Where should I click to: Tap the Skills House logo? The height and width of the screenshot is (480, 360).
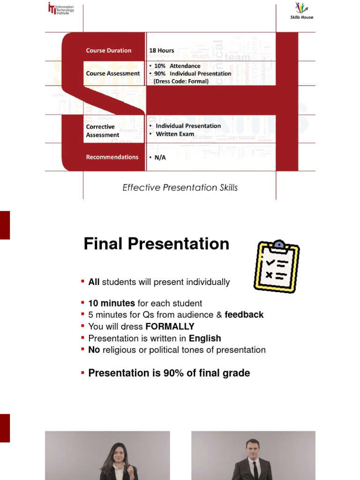(x=301, y=11)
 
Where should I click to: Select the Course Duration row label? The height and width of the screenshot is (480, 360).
(x=109, y=51)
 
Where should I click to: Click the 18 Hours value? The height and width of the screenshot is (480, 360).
(x=161, y=51)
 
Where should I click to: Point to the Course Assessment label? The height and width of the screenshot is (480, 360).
(x=112, y=74)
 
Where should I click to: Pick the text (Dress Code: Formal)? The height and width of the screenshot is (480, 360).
(x=181, y=81)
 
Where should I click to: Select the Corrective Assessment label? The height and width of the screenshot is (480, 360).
(x=103, y=131)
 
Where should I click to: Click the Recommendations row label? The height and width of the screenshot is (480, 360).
(x=112, y=157)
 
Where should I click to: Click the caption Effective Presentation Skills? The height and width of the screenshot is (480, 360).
(x=180, y=187)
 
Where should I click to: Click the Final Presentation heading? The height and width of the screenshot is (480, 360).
(x=156, y=244)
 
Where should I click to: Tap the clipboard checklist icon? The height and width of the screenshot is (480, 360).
(x=276, y=266)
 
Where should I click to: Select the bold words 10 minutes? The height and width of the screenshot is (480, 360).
(x=112, y=303)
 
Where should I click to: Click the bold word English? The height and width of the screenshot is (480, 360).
(x=205, y=338)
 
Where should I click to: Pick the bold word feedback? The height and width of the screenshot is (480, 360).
(x=244, y=315)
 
